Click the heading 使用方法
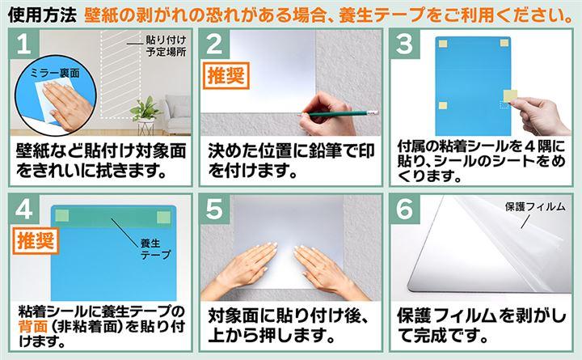click(x=42, y=15)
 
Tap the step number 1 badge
click(x=23, y=44)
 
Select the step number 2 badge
click(x=214, y=44)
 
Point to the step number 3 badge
click(x=405, y=44)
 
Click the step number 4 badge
click(x=23, y=209)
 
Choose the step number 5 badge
click(x=214, y=209)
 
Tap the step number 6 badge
click(x=405, y=209)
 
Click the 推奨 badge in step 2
click(x=226, y=76)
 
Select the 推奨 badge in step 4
click(x=36, y=241)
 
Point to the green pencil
click(x=339, y=113)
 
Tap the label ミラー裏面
click(x=55, y=73)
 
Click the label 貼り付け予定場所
click(x=166, y=45)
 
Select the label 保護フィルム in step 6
click(x=535, y=207)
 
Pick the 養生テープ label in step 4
click(x=155, y=249)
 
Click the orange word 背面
click(x=32, y=327)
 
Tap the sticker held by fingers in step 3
click(x=510, y=95)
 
